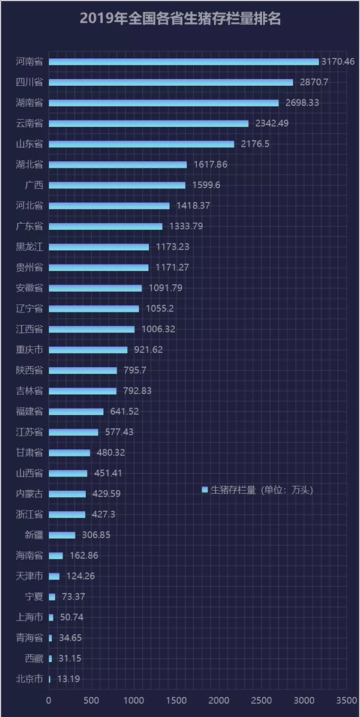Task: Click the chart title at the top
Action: pos(180,19)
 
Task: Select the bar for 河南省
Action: pos(184,62)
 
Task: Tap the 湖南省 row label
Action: pos(29,103)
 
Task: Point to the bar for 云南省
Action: pos(148,124)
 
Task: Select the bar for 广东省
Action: pos(106,226)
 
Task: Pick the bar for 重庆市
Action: pos(88,350)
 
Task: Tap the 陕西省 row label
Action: pos(29,370)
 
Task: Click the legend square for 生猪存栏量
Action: pos(205,490)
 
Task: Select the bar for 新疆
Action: pos(62,535)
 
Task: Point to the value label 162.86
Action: pos(82,556)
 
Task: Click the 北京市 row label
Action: pos(29,679)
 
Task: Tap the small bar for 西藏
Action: pos(50,659)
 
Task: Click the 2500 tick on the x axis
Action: pos(262,700)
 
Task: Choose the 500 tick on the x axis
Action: pos(91,700)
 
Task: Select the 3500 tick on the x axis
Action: pos(346,700)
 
